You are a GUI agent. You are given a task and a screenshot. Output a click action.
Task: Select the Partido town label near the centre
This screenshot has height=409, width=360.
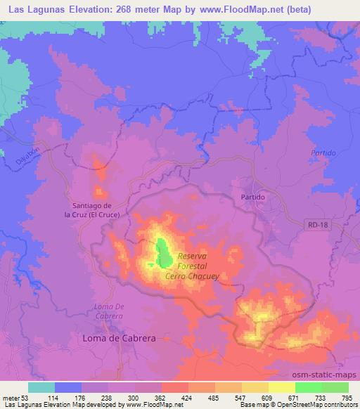[x=252, y=197]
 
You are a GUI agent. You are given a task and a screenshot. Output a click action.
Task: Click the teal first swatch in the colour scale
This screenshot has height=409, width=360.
[x=41, y=387]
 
